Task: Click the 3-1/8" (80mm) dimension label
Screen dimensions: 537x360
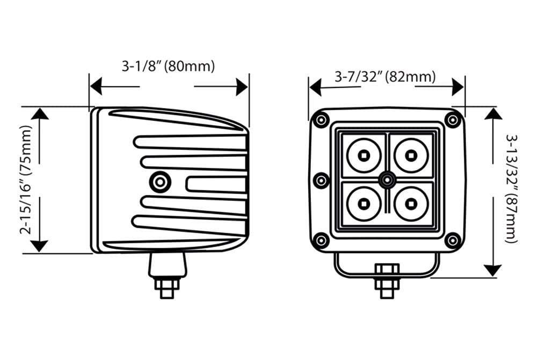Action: point(168,66)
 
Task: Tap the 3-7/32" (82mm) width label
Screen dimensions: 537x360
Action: point(385,77)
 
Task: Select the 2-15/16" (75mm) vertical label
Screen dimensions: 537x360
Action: point(26,180)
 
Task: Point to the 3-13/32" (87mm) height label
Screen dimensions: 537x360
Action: point(511,189)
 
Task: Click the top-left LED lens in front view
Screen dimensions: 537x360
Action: point(364,156)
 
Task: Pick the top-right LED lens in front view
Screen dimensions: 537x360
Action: point(411,156)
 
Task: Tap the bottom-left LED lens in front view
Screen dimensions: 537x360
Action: point(364,204)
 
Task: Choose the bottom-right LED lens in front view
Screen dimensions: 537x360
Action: point(411,204)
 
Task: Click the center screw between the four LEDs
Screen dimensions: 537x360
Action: point(387,180)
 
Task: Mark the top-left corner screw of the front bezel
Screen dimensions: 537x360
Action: point(321,120)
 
